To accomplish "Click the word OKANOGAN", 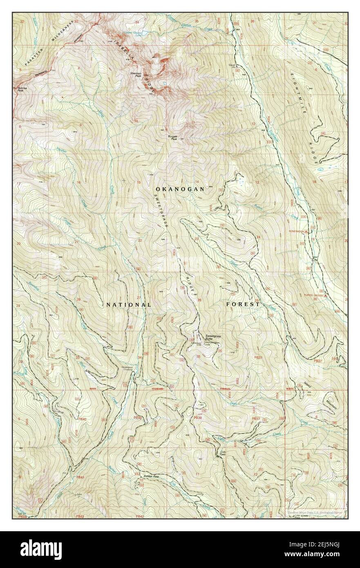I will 179,189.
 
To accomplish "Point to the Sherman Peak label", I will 136,74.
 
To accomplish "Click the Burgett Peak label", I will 174,138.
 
